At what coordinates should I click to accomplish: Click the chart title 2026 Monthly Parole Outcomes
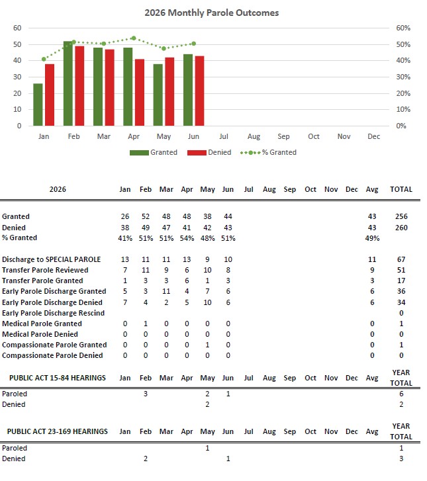pyautogui.click(x=211, y=13)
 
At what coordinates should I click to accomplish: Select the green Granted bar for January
pyautogui.click(x=38, y=105)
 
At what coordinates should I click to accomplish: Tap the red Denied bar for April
pyautogui.click(x=140, y=93)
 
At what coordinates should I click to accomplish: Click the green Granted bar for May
pyautogui.click(x=158, y=95)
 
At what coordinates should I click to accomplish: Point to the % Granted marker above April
pyautogui.click(x=134, y=38)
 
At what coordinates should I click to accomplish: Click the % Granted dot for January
pyautogui.click(x=44, y=59)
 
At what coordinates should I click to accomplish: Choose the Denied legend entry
pyautogui.click(x=209, y=152)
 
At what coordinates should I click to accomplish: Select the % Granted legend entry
pyautogui.click(x=268, y=152)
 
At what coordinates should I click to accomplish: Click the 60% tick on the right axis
pyautogui.click(x=403, y=28)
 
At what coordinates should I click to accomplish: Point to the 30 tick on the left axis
pyautogui.click(x=17, y=77)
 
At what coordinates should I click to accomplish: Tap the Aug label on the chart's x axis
pyautogui.click(x=254, y=136)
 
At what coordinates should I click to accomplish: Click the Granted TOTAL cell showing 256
pyautogui.click(x=401, y=216)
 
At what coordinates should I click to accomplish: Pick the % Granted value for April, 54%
pyautogui.click(x=187, y=238)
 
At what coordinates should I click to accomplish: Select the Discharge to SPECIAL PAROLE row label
pyautogui.click(x=51, y=259)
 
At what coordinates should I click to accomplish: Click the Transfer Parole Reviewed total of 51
pyautogui.click(x=401, y=270)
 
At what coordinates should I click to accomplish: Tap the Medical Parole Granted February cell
pyautogui.click(x=146, y=324)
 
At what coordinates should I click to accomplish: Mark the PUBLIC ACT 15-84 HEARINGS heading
pyautogui.click(x=58, y=378)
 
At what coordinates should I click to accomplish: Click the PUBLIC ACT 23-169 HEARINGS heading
pyautogui.click(x=58, y=431)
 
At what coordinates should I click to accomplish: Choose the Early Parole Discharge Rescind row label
pyautogui.click(x=53, y=313)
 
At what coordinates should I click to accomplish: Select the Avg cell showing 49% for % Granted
pyautogui.click(x=372, y=238)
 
